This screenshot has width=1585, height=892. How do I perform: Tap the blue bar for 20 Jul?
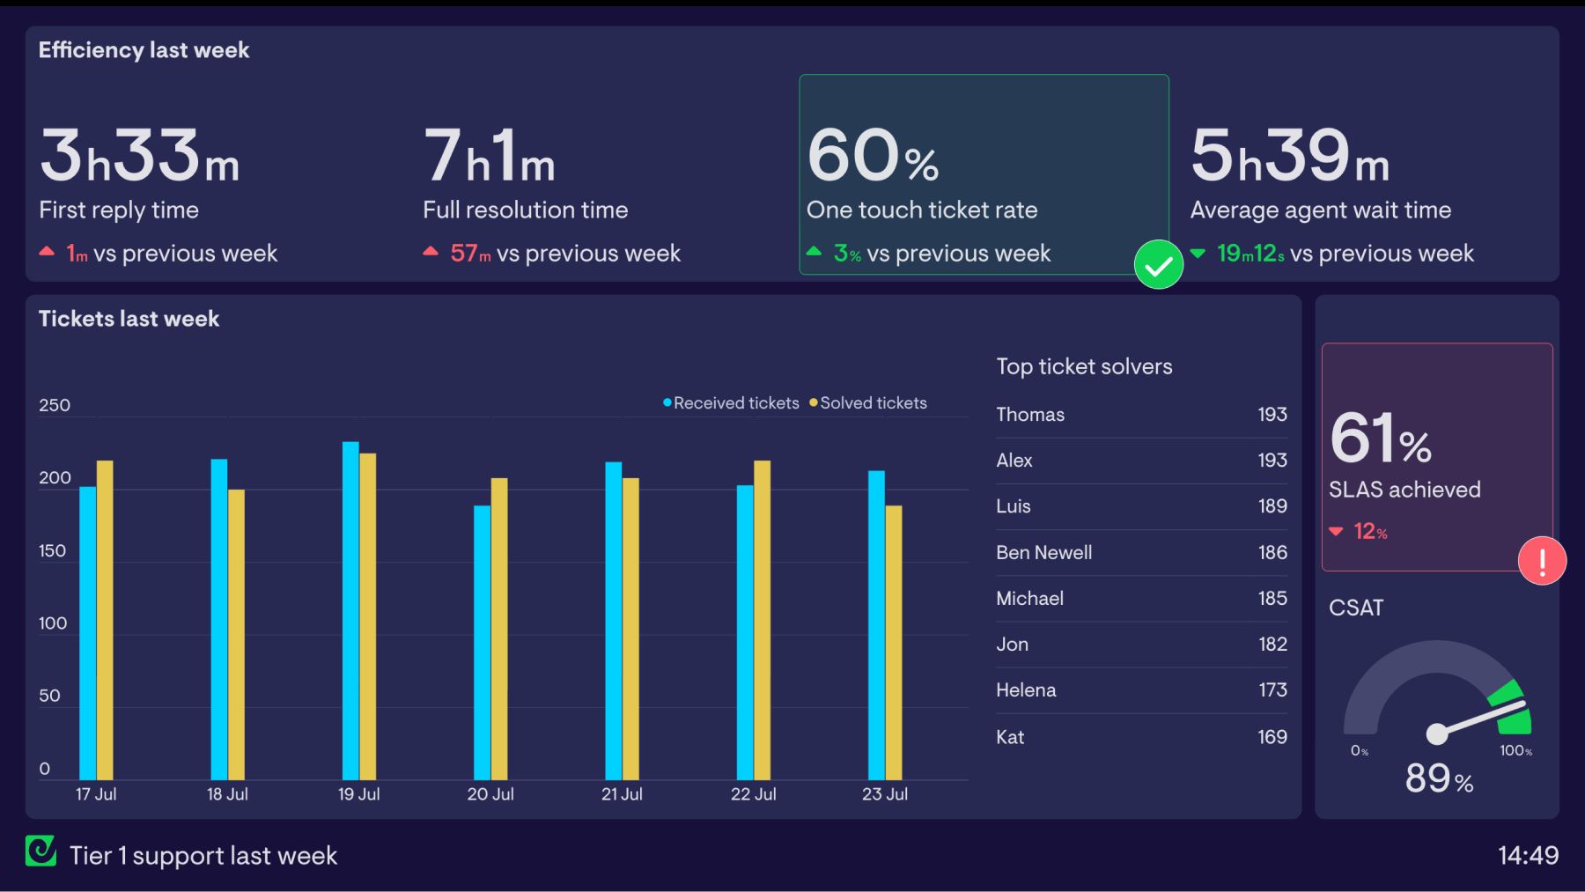pos(482,643)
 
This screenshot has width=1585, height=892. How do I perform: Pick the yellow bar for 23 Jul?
pos(894,643)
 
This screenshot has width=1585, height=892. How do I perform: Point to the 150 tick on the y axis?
pos(53,551)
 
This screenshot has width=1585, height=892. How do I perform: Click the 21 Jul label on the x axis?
pos(622,794)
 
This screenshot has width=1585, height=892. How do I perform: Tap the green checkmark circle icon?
pos(1158,264)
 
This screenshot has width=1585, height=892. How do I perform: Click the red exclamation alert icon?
pos(1542,561)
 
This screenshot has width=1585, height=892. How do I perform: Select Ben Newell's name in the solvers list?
pos(1043,553)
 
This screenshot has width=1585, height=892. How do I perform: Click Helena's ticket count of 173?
pos(1272,690)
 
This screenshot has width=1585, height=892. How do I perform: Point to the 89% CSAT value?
pos(1439,778)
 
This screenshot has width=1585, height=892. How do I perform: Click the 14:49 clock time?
pos(1528,855)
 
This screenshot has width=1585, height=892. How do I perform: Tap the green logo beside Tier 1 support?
pos(41,851)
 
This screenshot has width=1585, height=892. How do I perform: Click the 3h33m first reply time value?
pos(139,156)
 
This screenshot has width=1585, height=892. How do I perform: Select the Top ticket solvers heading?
pos(1084,366)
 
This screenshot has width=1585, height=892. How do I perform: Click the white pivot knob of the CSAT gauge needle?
pos(1436,734)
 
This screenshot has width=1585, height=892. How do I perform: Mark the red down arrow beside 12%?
pos(1336,532)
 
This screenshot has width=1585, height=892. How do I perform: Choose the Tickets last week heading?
pos(129,319)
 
